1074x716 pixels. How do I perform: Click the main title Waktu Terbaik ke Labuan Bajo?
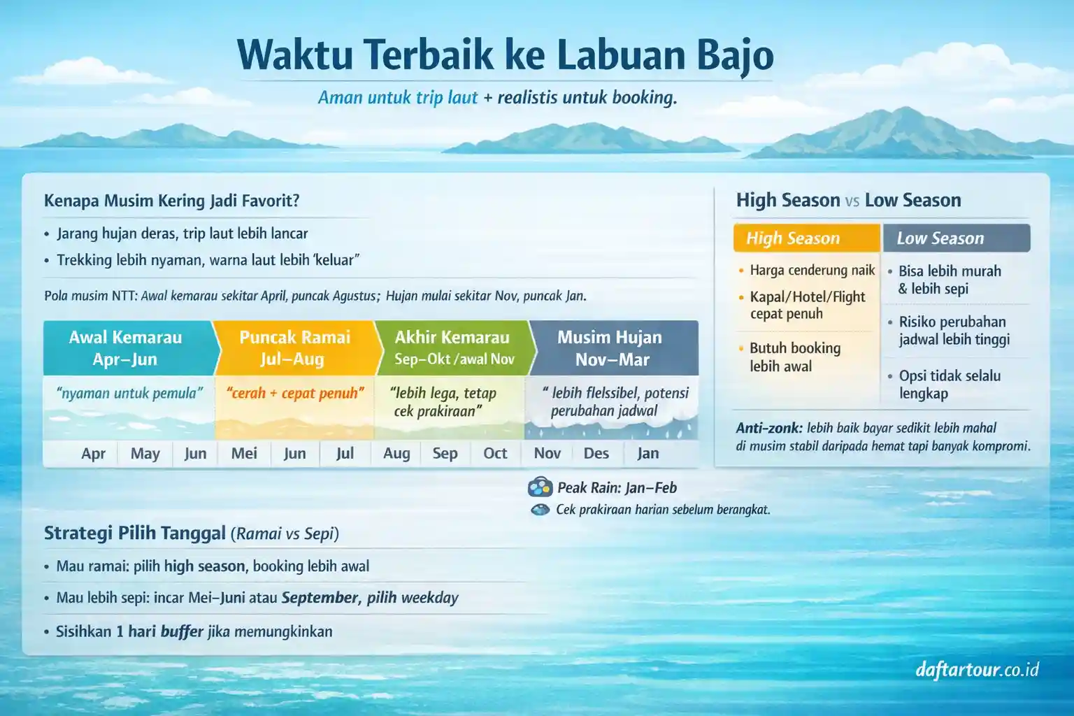pyautogui.click(x=505, y=55)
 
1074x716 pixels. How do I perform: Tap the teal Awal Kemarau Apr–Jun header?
pyautogui.click(x=126, y=348)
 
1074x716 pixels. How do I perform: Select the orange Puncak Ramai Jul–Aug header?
pyautogui.click(x=294, y=348)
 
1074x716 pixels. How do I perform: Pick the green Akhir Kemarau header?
pyautogui.click(x=453, y=348)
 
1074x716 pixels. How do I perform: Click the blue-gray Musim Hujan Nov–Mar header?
pyautogui.click(x=610, y=348)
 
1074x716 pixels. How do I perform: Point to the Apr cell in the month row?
pyautogui.click(x=93, y=454)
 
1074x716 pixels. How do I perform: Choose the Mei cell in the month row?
pyautogui.click(x=244, y=454)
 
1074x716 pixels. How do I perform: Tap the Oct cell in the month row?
pyautogui.click(x=495, y=454)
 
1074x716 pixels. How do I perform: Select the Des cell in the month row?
pyautogui.click(x=596, y=454)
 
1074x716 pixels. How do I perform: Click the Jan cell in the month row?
pyautogui.click(x=647, y=454)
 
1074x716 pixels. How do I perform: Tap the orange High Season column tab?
pyautogui.click(x=805, y=238)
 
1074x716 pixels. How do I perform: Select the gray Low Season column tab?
pyautogui.click(x=956, y=238)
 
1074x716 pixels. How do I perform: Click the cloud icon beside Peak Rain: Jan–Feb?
pyautogui.click(x=540, y=487)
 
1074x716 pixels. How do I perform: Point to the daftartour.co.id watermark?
pyautogui.click(x=977, y=670)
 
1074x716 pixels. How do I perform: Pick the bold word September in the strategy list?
pyautogui.click(x=320, y=598)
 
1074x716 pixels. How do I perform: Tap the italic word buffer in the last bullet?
pyautogui.click(x=182, y=631)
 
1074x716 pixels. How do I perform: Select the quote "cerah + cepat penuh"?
pyautogui.click(x=295, y=393)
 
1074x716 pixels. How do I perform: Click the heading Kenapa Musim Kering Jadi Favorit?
pyautogui.click(x=171, y=201)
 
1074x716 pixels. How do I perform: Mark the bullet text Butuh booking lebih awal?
pyautogui.click(x=794, y=357)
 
